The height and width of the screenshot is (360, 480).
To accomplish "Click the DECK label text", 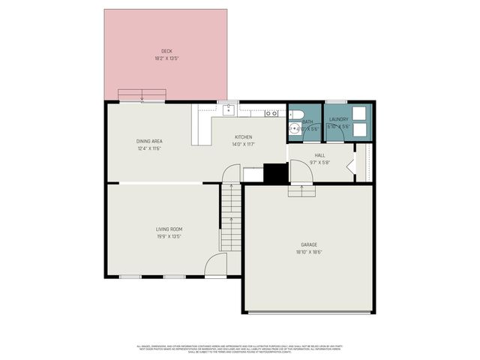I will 166,51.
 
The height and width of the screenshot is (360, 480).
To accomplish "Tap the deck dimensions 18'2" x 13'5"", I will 166,58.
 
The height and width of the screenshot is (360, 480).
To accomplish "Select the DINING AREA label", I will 149,141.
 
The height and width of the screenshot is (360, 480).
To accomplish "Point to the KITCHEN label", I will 243,137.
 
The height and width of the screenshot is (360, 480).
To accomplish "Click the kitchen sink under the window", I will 228,112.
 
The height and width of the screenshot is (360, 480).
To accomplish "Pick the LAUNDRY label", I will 338,119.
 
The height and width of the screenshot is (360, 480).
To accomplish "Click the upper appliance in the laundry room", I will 358,113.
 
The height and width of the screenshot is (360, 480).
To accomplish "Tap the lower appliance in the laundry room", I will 358,129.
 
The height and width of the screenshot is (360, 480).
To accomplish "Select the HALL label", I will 319,155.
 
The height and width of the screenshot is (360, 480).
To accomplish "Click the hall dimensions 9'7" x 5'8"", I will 319,162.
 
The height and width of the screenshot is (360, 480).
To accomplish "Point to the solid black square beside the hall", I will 275,173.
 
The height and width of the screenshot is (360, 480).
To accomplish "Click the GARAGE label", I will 309,244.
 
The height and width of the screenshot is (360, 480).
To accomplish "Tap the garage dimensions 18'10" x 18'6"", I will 309,252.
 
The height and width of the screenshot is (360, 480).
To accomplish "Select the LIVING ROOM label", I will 169,229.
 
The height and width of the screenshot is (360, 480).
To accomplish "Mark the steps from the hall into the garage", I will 301,190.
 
